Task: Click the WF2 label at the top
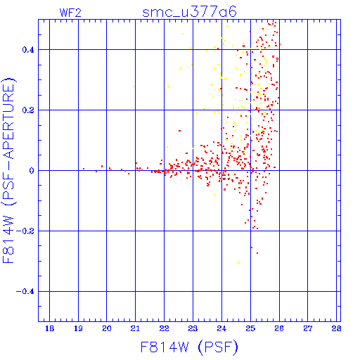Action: tap(70, 13)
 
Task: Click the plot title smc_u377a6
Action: tap(189, 12)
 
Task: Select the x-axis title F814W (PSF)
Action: tap(189, 347)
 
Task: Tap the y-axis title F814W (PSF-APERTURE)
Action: tap(8, 171)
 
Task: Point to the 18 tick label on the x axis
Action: tap(49, 328)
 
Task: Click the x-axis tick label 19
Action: tap(78, 328)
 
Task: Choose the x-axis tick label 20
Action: tap(107, 328)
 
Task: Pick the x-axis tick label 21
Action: tap(135, 328)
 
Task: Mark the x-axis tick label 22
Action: tap(164, 328)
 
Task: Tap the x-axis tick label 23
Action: tap(193, 328)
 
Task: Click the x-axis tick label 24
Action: tap(221, 328)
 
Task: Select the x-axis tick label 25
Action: tap(250, 328)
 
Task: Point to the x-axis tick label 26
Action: tap(279, 328)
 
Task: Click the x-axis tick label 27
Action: tap(308, 328)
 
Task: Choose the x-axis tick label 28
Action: tap(336, 328)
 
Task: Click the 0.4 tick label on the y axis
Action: tap(28, 50)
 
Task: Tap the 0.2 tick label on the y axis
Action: tap(28, 110)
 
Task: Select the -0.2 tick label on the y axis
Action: tap(25, 231)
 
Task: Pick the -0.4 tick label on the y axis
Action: tap(25, 292)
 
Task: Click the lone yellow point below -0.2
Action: tap(238, 263)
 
